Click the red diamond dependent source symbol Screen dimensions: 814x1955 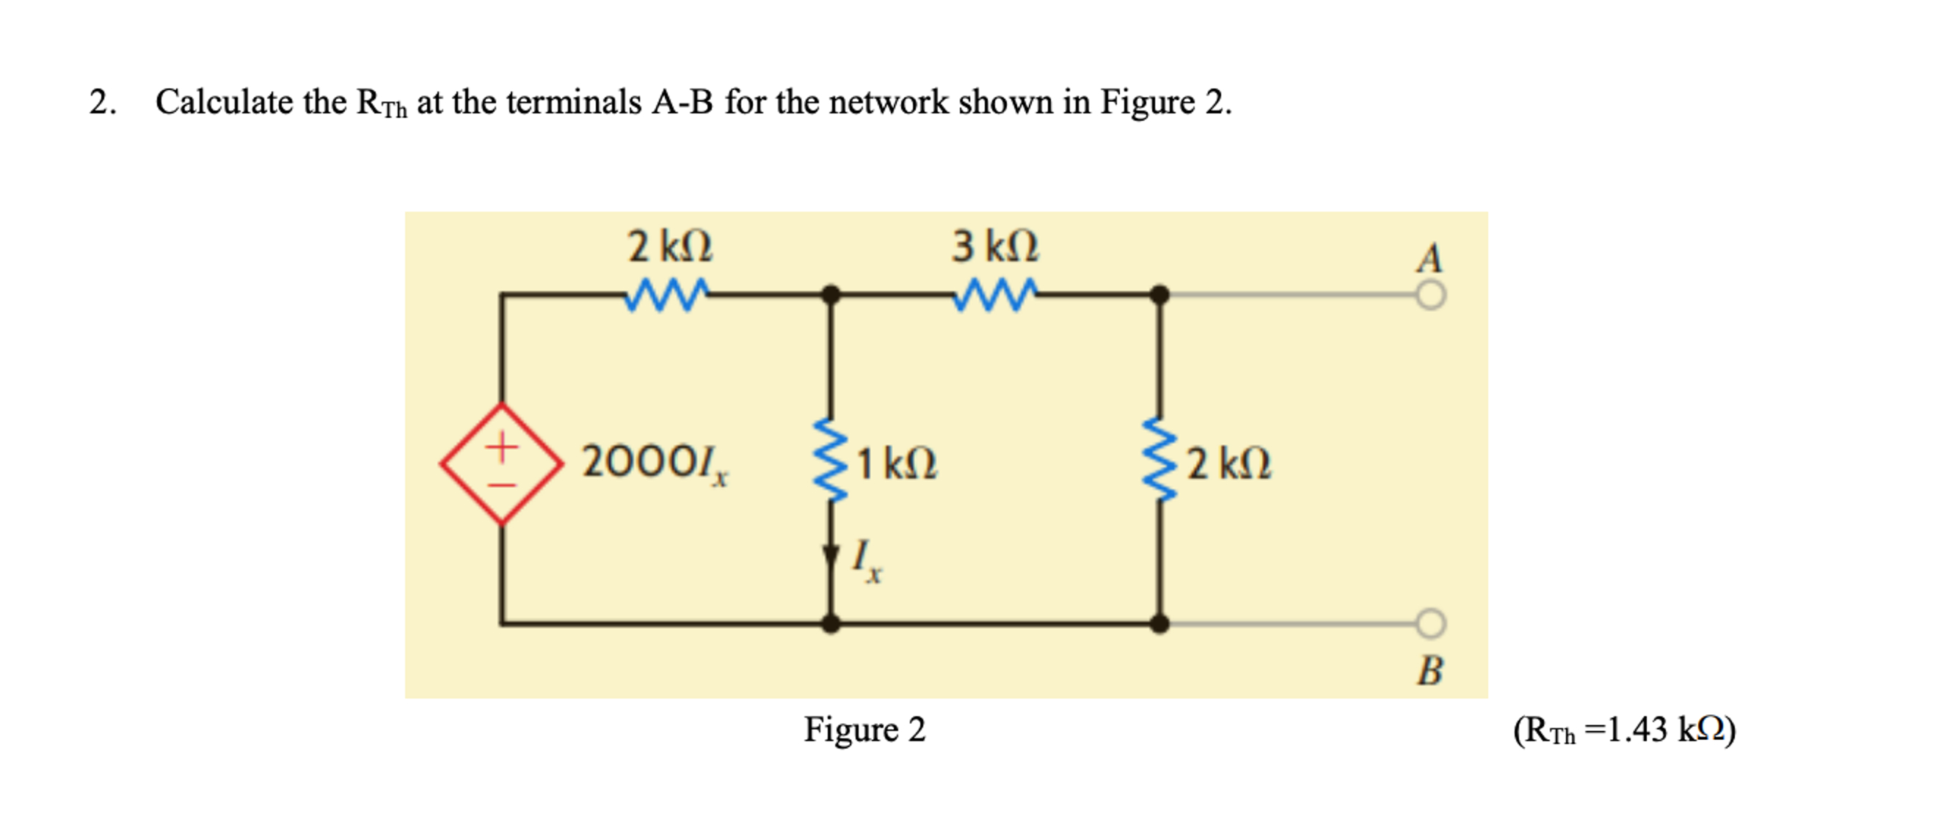click(502, 463)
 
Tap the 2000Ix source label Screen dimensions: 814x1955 click(653, 463)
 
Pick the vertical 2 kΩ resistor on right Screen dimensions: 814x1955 click(1159, 460)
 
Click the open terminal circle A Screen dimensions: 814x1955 click(1430, 295)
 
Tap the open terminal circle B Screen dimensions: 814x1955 click(1430, 623)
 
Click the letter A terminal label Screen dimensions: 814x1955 click(1430, 258)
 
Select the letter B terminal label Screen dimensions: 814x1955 click(1430, 670)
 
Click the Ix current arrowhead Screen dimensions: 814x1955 click(831, 556)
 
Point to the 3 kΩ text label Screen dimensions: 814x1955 click(995, 246)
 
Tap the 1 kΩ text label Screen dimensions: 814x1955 click(898, 463)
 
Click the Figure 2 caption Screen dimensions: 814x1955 click(864, 730)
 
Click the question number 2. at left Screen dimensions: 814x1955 click(103, 102)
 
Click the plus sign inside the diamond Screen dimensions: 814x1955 click(502, 445)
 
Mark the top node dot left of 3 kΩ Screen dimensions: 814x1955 click(831, 294)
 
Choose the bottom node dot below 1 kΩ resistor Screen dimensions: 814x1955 click(831, 623)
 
